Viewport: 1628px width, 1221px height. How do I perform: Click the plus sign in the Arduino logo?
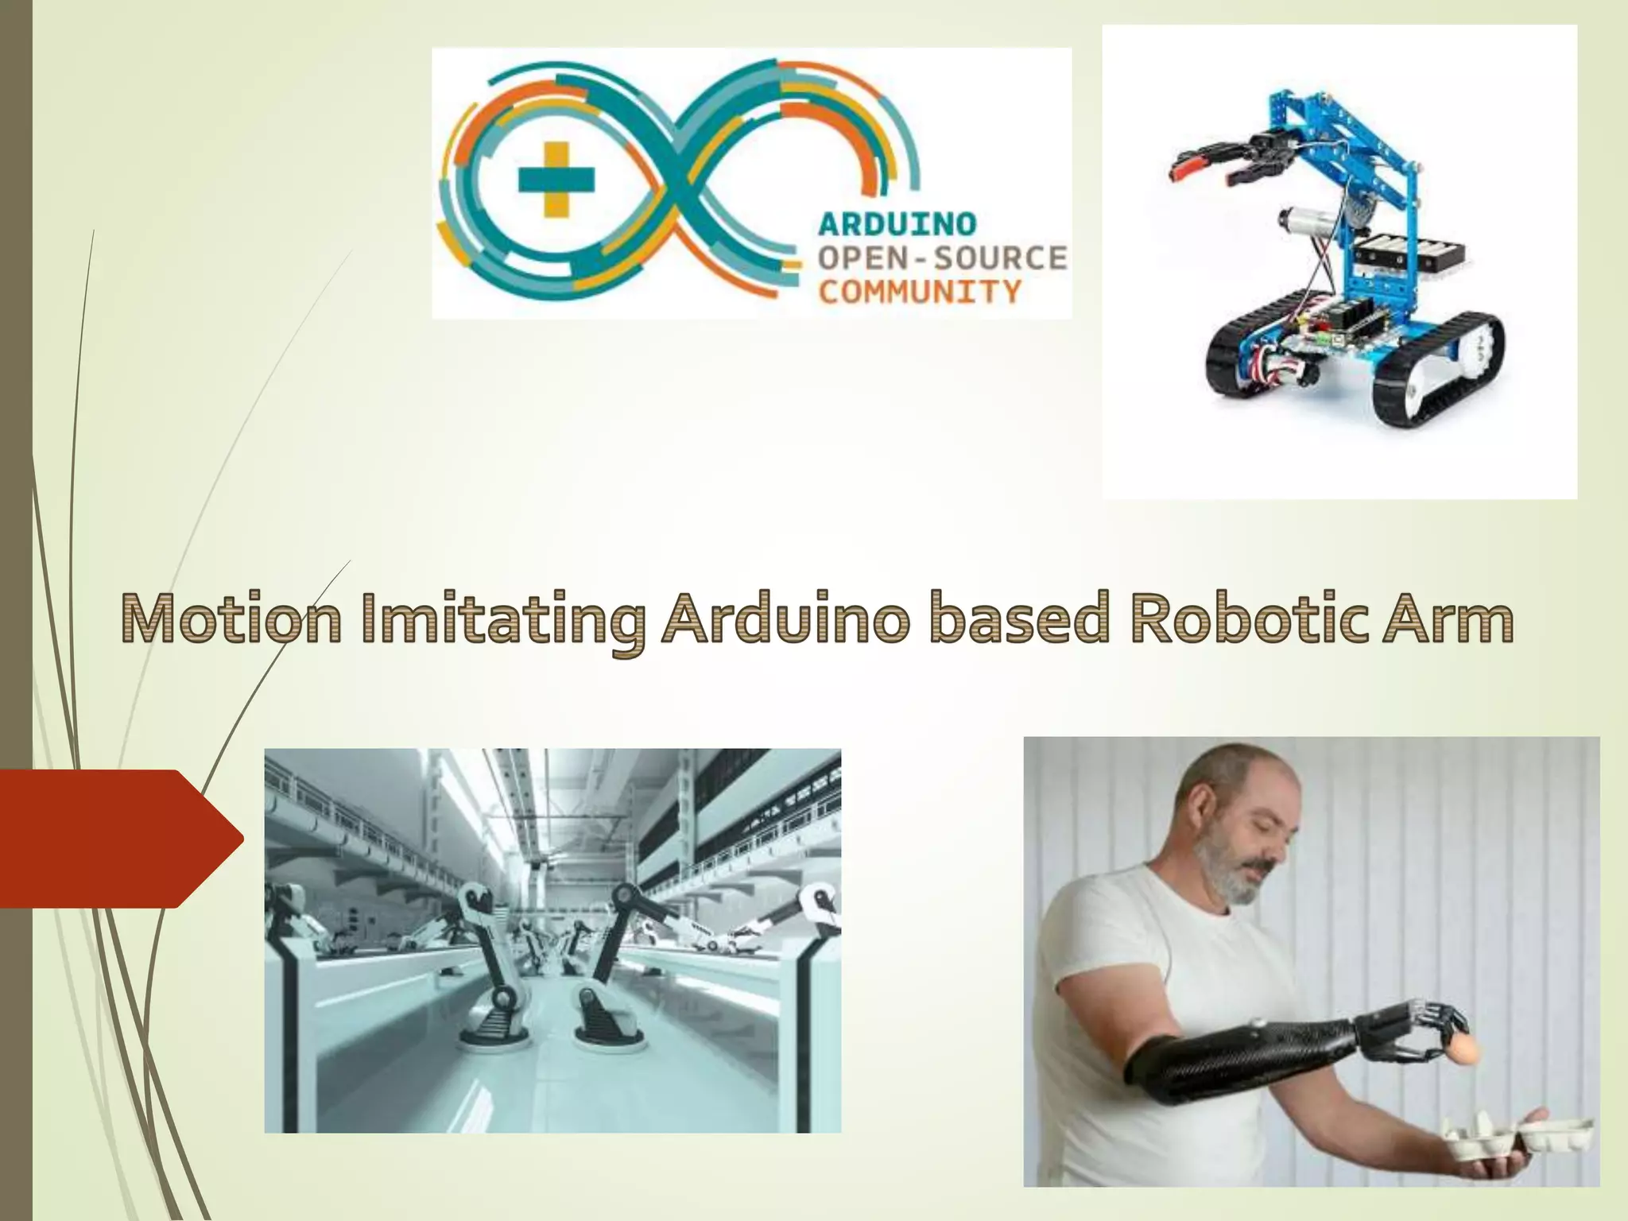coord(556,179)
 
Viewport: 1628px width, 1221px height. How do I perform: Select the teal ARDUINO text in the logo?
coord(897,224)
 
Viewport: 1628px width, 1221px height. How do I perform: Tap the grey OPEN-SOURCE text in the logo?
coord(942,258)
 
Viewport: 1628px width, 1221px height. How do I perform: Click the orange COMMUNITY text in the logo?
coord(919,292)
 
